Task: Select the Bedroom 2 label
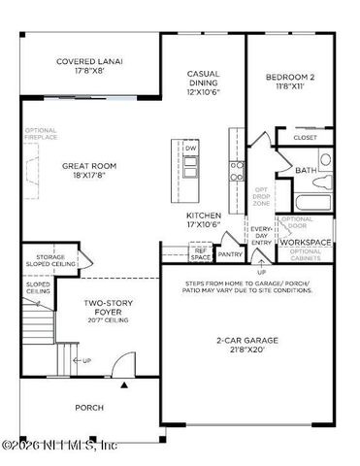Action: point(289,81)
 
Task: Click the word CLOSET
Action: point(306,138)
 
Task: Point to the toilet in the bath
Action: point(326,159)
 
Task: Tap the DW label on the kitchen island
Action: point(191,149)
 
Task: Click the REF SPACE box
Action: point(201,252)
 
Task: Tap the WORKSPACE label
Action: point(307,242)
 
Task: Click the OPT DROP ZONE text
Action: point(262,196)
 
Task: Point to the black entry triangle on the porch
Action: point(123,385)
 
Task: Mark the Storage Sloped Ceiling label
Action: point(45,260)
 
